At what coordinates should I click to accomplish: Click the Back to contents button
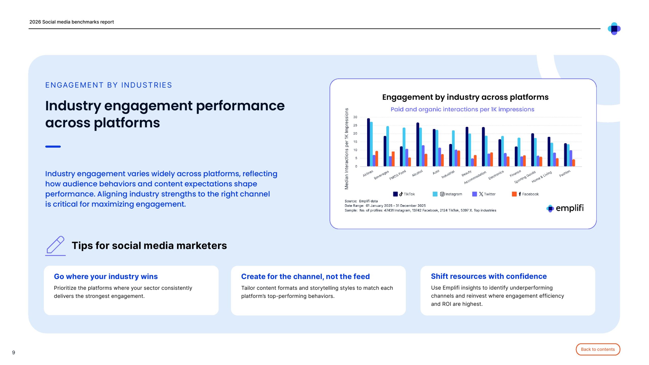(x=598, y=349)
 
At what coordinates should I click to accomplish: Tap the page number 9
(x=14, y=352)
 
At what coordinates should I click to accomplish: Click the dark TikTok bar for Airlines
(x=368, y=142)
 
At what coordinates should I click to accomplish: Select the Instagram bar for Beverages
(x=387, y=146)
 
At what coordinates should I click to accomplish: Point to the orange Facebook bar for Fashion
(x=573, y=163)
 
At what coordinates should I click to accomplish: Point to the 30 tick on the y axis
(x=355, y=117)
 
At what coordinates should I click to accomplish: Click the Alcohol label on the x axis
(x=417, y=173)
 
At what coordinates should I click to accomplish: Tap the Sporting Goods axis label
(x=525, y=177)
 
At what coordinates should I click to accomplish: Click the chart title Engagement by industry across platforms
(x=465, y=97)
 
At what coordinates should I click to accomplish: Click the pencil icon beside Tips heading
(x=56, y=245)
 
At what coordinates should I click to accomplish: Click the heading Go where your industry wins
(x=106, y=276)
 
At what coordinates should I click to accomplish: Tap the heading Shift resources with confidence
(x=489, y=276)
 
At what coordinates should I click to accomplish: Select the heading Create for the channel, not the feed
(x=305, y=276)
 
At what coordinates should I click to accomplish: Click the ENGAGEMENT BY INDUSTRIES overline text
(x=109, y=85)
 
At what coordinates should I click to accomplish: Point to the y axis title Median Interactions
(x=346, y=149)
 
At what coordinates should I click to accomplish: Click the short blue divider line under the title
(x=53, y=147)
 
